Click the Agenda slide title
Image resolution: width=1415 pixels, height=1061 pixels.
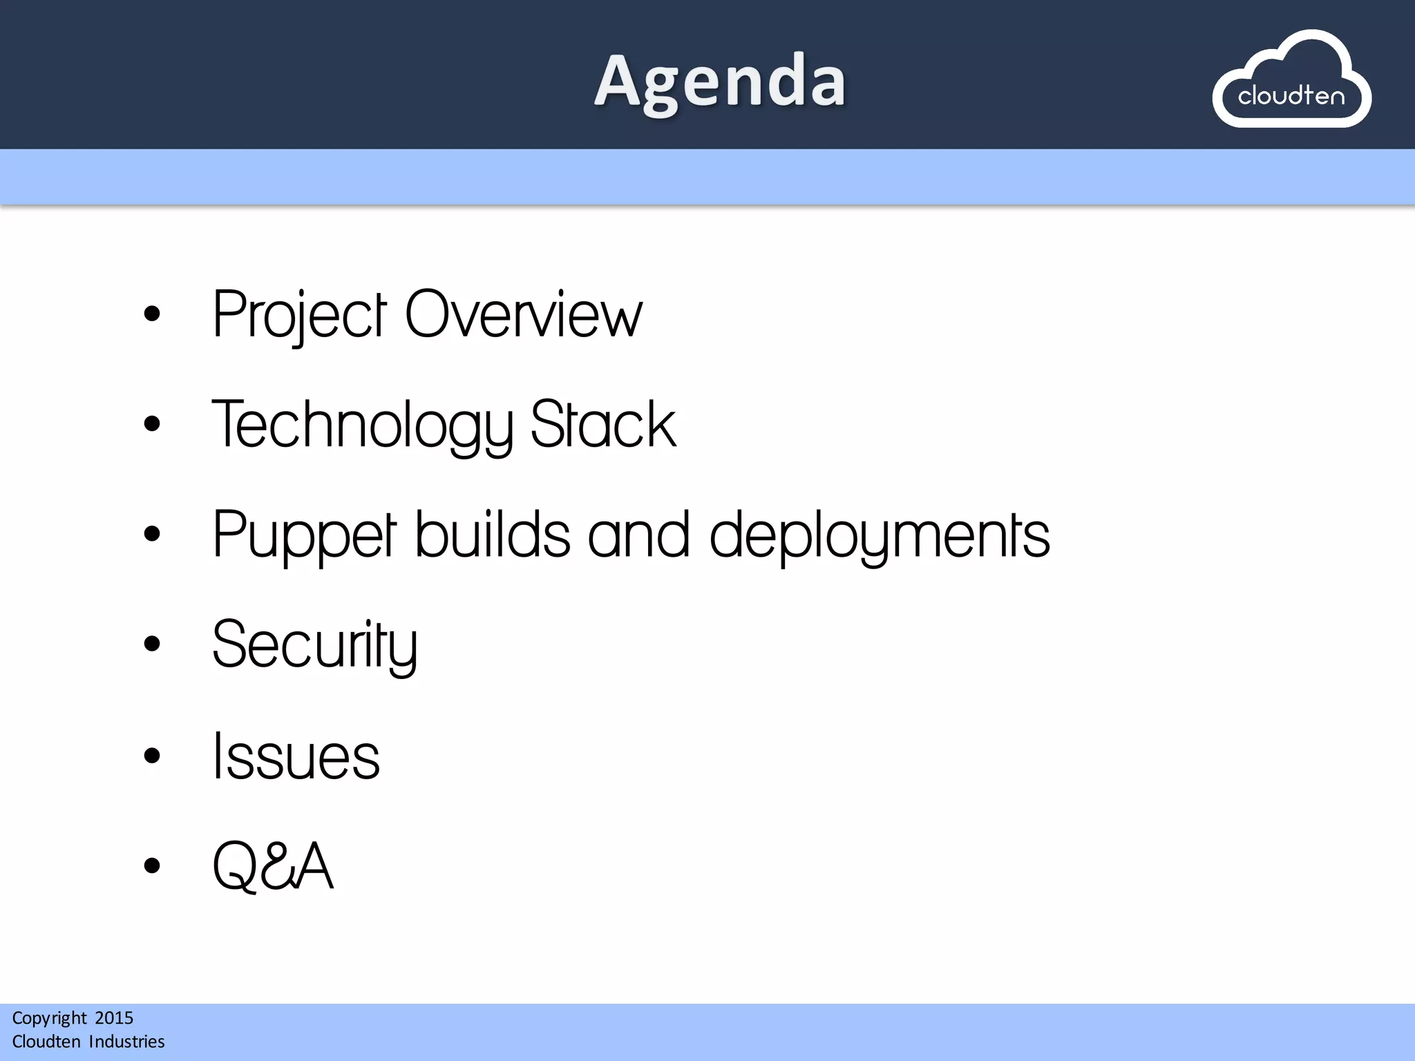(719, 82)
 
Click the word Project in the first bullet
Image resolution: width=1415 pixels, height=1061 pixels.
(299, 315)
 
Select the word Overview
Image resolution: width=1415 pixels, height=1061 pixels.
(523, 315)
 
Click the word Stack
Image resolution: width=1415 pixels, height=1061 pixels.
(602, 426)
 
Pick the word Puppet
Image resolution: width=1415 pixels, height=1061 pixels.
(304, 535)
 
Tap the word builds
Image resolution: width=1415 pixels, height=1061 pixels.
(492, 535)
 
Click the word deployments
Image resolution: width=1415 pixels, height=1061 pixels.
(879, 535)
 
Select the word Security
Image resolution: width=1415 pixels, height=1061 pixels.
(314, 645)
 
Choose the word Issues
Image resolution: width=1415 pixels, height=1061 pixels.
(296, 756)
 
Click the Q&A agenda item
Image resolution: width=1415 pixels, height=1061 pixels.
(273, 866)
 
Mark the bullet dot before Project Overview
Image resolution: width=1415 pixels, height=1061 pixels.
(152, 314)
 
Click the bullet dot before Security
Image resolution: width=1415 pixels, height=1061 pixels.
(152, 644)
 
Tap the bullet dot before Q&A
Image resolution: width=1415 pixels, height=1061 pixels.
(152, 865)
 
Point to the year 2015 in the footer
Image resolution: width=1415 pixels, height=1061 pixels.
(114, 1017)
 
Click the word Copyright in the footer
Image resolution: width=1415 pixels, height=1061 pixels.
(49, 1018)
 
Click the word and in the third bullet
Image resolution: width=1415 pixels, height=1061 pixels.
(638, 535)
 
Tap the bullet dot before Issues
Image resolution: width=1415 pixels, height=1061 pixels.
(152, 755)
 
